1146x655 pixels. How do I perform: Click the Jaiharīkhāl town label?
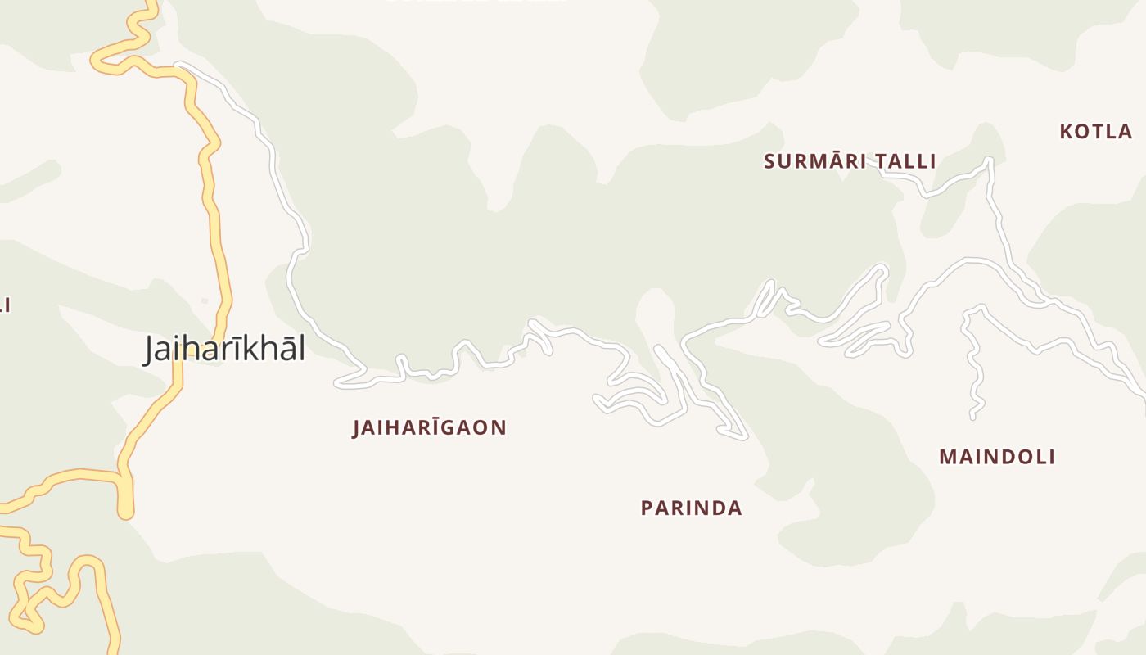(225, 350)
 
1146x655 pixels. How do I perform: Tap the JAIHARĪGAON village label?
(430, 427)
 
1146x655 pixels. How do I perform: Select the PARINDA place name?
(692, 508)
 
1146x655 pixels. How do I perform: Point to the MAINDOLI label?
(997, 457)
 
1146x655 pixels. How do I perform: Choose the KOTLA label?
(1096, 132)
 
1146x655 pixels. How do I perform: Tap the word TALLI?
(906, 161)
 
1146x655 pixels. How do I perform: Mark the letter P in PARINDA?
(647, 508)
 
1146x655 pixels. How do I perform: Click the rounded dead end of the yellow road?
(125, 512)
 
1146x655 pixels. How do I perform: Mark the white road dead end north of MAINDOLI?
(972, 417)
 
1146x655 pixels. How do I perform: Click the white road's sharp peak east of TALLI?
(989, 160)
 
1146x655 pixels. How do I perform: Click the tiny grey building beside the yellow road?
(204, 301)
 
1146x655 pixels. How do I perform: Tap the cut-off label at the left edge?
(4, 305)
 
